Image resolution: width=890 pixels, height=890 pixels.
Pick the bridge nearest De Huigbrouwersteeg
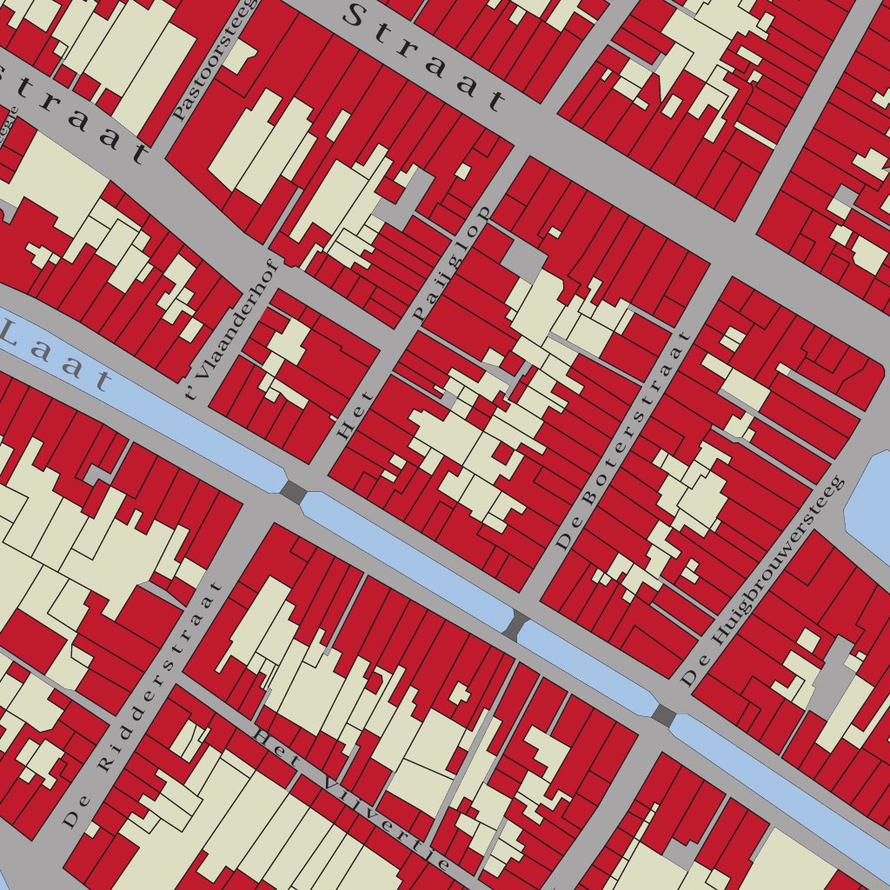(664, 715)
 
